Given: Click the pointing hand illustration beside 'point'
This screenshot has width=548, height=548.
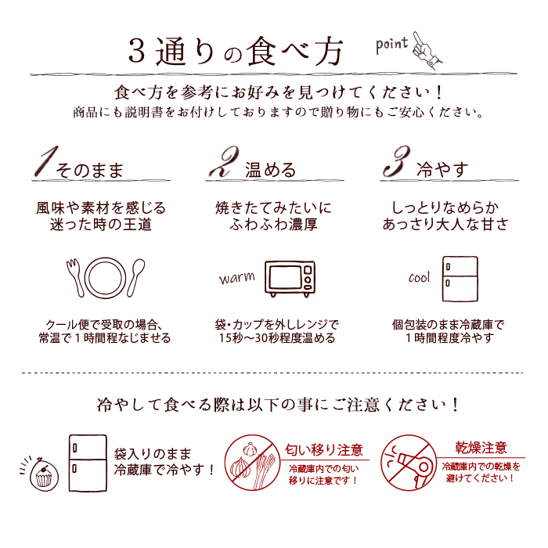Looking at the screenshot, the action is (x=427, y=50).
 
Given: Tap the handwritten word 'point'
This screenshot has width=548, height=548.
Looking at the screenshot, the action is (x=391, y=45).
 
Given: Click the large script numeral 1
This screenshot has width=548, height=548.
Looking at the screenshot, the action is (x=45, y=161).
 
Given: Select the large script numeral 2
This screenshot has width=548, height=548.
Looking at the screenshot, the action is (x=225, y=161).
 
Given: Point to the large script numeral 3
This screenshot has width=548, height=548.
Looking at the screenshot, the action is (x=396, y=161).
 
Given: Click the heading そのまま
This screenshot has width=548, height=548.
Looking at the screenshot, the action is (x=89, y=170).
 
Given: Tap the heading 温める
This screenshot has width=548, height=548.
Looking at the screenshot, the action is (x=270, y=170).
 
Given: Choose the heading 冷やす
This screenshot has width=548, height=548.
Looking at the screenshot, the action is (x=442, y=170).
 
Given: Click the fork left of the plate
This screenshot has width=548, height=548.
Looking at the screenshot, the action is (x=75, y=278).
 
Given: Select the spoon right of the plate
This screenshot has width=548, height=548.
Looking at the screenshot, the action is (x=136, y=278).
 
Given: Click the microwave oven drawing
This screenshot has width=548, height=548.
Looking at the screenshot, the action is (x=290, y=279).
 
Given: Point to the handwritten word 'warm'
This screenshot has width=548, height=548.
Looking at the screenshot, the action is (x=237, y=278).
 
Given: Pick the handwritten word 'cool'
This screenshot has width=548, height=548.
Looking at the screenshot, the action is (x=419, y=278).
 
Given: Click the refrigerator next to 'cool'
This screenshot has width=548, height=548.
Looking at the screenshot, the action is (x=460, y=279).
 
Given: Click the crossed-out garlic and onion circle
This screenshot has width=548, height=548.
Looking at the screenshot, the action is (x=251, y=463).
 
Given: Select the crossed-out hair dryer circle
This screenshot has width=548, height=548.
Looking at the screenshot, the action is (x=409, y=463).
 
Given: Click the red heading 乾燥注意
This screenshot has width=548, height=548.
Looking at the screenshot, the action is (x=481, y=447).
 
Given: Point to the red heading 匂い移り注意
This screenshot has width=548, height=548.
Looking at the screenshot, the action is (x=324, y=450).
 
